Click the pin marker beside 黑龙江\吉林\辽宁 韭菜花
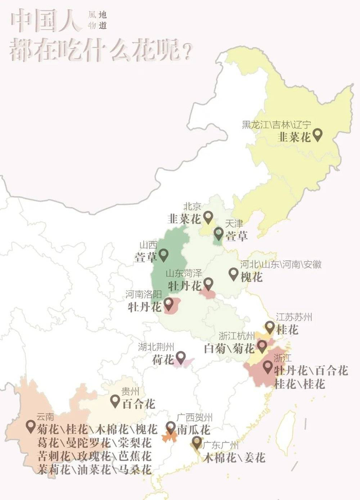click(318, 135)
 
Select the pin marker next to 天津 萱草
click(219, 234)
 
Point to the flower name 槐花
click(252, 277)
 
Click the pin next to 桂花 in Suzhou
click(269, 327)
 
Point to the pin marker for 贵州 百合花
click(115, 401)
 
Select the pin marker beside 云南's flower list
click(30, 426)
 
